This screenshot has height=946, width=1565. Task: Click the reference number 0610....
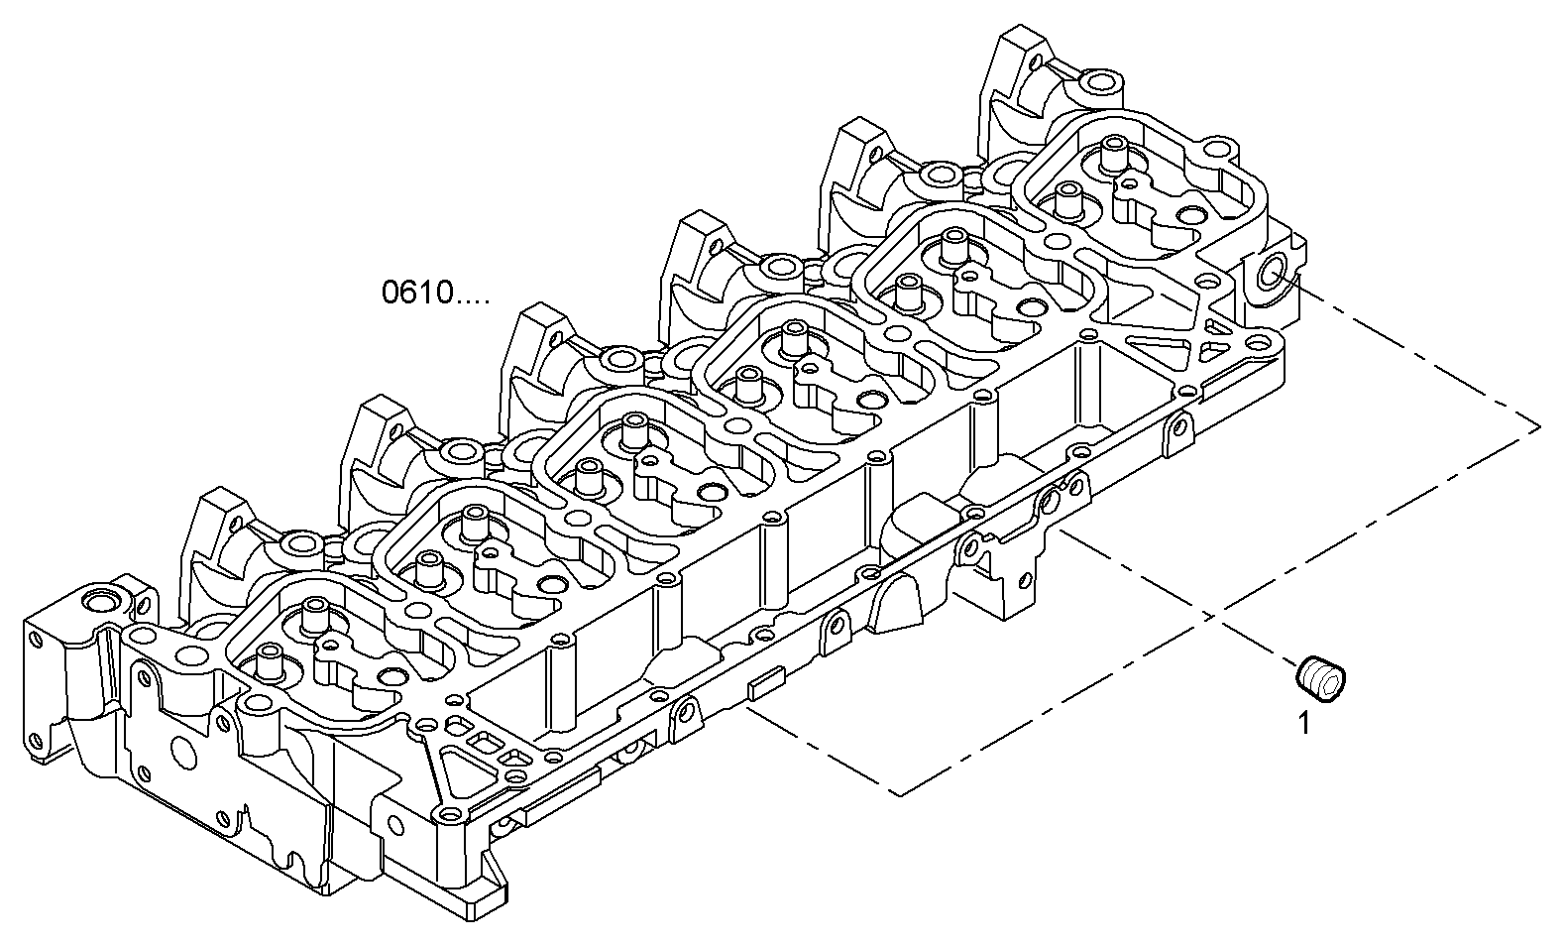434,293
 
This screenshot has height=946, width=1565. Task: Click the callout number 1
1304,724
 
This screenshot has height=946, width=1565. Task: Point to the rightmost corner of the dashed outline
1538,426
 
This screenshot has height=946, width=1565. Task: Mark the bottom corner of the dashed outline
897,793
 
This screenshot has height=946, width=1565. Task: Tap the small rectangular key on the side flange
765,684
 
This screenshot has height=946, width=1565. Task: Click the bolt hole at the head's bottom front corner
451,816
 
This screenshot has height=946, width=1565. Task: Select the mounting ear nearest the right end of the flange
1177,428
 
